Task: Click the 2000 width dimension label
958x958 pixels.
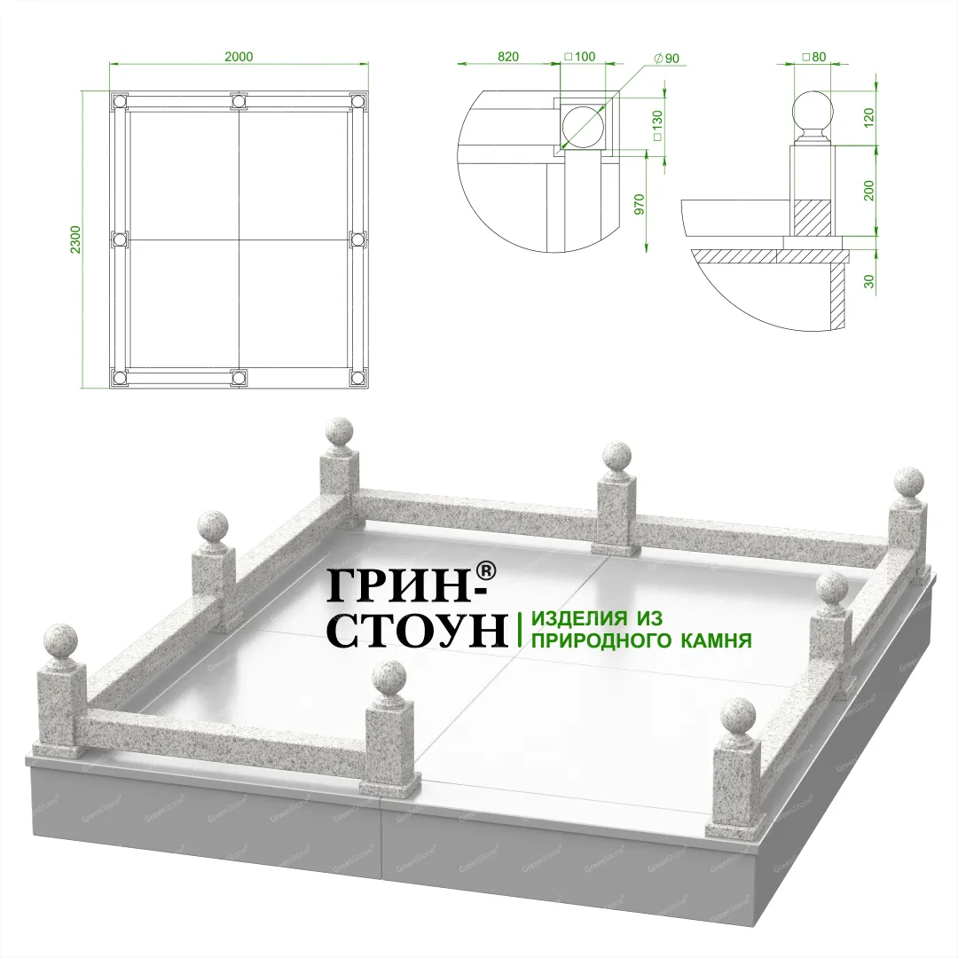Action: (x=239, y=57)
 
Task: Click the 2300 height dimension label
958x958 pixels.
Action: (x=76, y=240)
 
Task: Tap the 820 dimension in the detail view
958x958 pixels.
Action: (x=508, y=57)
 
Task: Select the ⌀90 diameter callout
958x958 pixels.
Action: (x=666, y=59)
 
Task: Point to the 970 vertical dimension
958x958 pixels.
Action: (x=639, y=205)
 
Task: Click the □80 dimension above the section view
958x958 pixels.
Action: (x=813, y=57)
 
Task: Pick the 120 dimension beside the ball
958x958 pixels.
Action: (x=869, y=115)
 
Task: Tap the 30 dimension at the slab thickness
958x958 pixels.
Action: (x=869, y=281)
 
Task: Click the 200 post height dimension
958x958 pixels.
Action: (x=869, y=191)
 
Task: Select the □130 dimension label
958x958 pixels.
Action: (x=657, y=126)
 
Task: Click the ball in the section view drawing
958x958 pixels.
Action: (x=813, y=112)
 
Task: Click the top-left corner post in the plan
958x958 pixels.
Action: (x=119, y=101)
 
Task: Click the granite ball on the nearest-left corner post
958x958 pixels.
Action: (x=61, y=641)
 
